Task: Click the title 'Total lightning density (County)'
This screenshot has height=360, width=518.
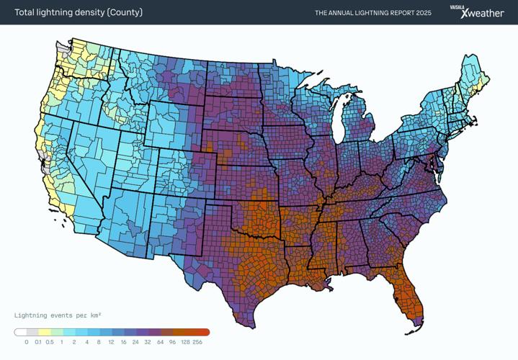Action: (x=79, y=12)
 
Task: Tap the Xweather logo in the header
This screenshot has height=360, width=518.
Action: (x=483, y=14)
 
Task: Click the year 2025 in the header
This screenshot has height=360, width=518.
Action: (x=423, y=13)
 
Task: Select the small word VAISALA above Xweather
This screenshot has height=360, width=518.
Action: (x=457, y=6)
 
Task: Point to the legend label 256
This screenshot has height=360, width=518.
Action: (x=197, y=342)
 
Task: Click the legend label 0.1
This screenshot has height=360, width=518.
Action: (x=38, y=342)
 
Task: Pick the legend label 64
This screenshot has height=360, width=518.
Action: (x=160, y=342)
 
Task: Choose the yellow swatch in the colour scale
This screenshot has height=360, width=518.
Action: (x=44, y=333)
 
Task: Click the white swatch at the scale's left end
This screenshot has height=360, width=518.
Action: (x=20, y=333)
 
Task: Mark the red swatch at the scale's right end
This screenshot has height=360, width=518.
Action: (x=203, y=333)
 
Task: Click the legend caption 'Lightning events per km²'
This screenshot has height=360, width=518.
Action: (x=58, y=315)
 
